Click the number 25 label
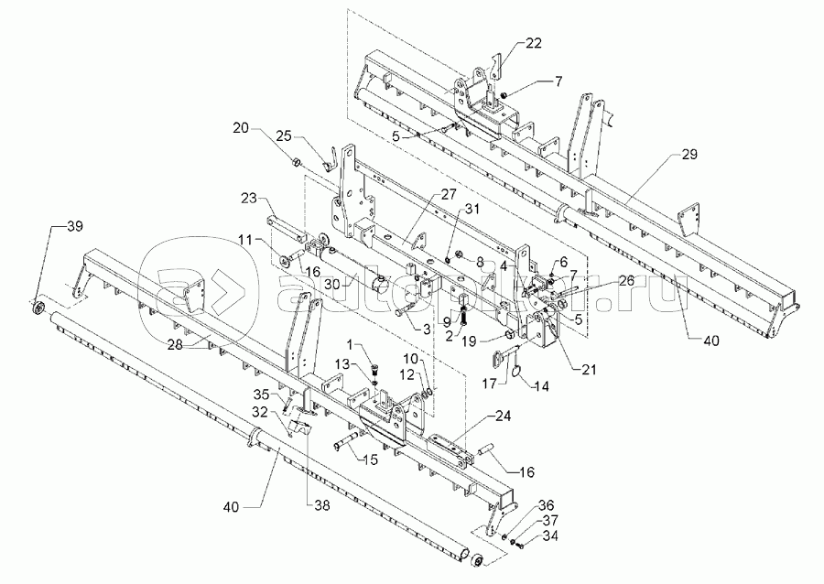284,135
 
